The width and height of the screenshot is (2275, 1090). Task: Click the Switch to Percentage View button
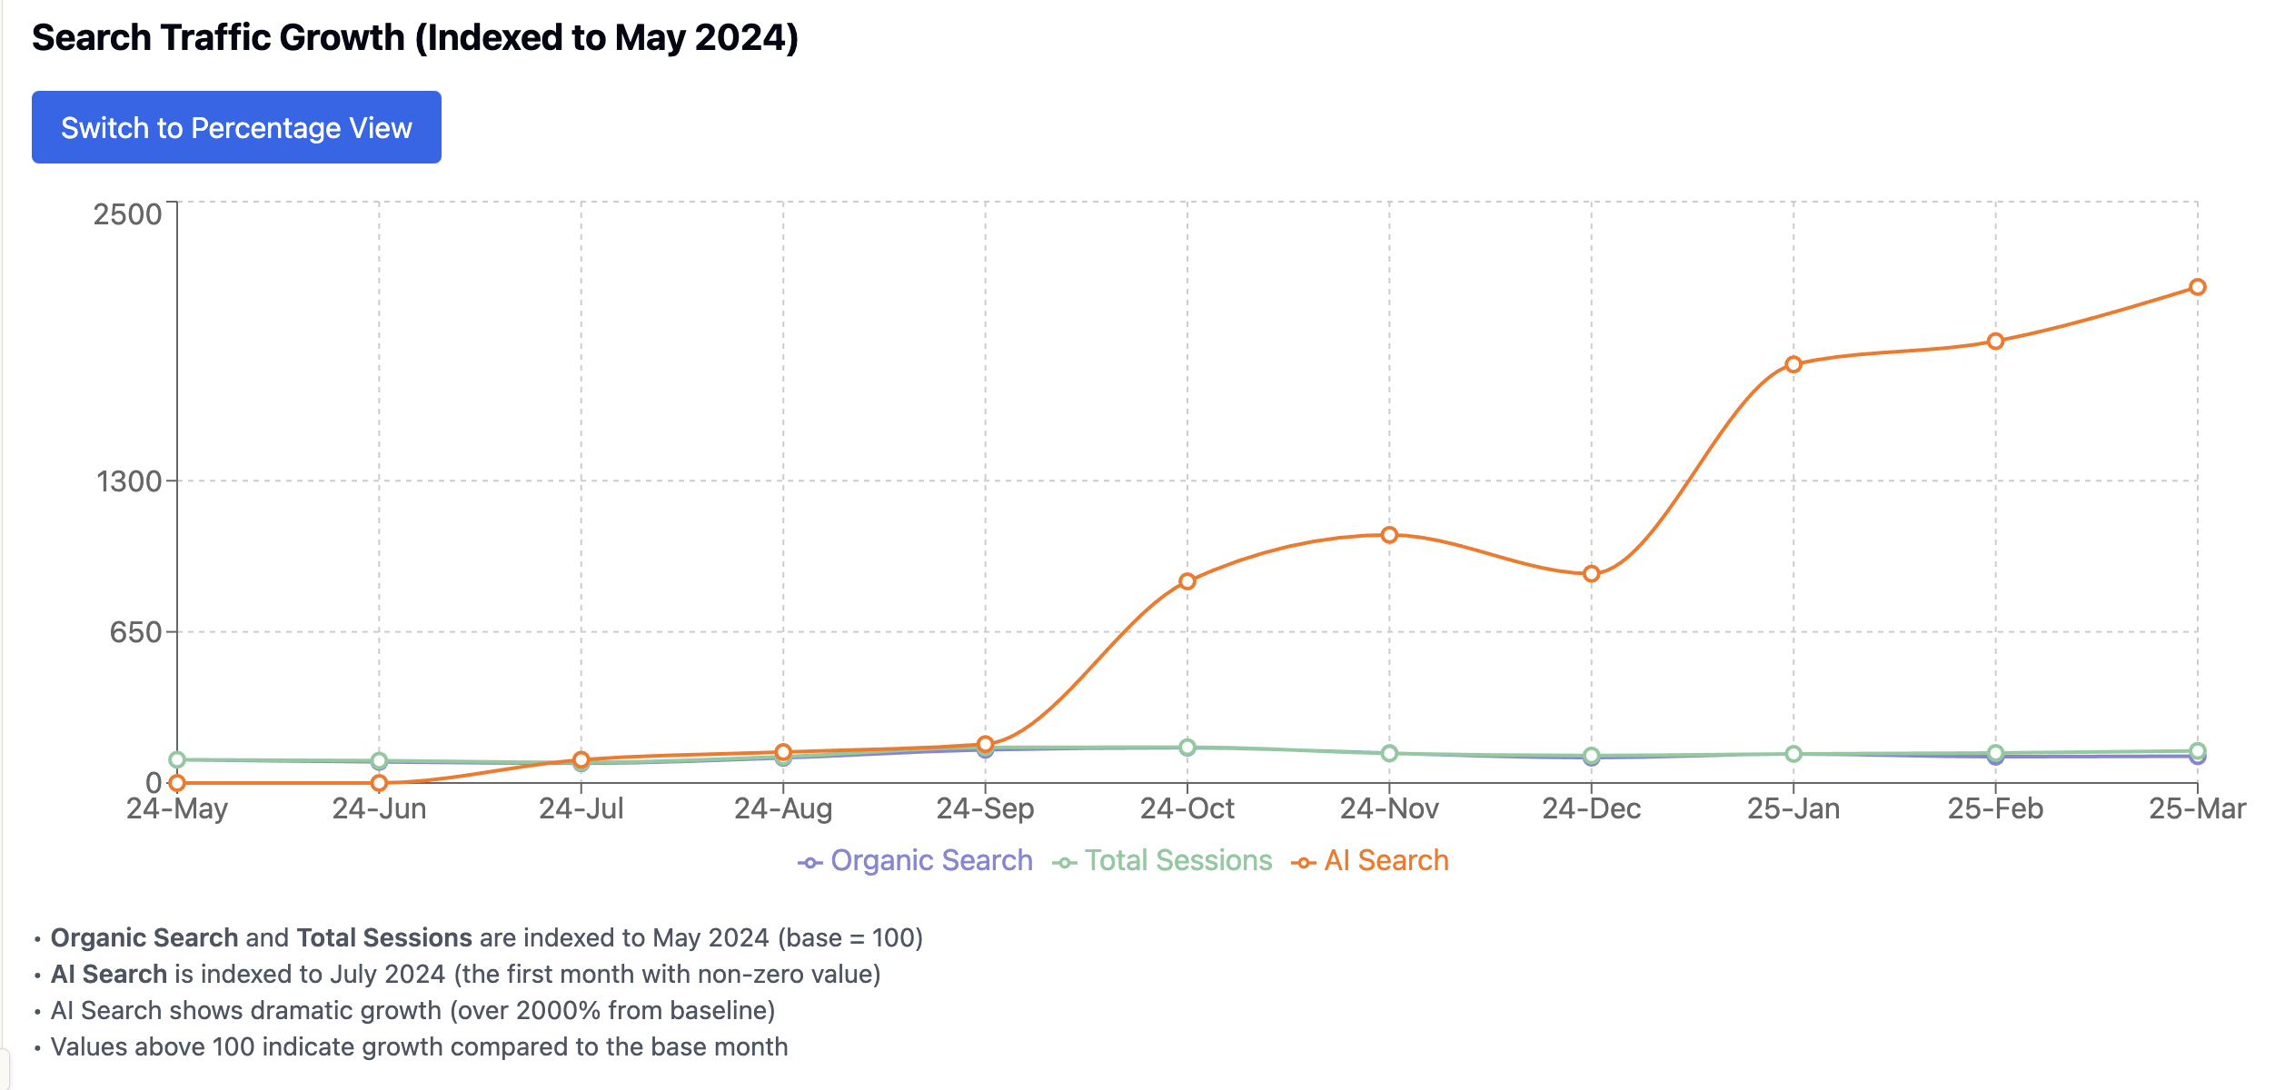coord(236,128)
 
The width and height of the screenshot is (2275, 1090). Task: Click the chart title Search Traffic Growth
coord(414,38)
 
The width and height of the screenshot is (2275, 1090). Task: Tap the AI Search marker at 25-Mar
coord(2197,287)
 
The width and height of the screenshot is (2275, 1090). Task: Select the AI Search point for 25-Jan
coord(1793,364)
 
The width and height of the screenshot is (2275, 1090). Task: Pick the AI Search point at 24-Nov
coord(1389,535)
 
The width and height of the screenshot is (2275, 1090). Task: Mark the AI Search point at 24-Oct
coord(1187,581)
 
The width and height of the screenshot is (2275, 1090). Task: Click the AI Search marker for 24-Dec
coord(1591,574)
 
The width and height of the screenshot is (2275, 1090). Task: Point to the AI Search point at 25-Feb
coord(1995,342)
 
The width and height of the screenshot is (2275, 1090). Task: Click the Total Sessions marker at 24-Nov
coord(1389,754)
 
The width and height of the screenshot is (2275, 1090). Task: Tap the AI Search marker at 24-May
coord(177,783)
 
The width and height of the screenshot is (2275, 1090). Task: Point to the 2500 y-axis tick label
coord(127,214)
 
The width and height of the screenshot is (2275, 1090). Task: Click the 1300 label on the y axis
coord(129,481)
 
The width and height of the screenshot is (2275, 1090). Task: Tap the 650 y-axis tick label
coord(135,632)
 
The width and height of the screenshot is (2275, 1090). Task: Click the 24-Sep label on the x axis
coord(985,808)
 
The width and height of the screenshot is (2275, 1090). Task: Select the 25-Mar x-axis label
coord(2196,808)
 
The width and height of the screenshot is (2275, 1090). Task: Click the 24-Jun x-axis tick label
coord(379,808)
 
